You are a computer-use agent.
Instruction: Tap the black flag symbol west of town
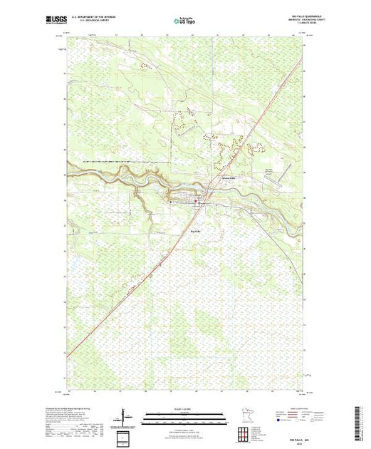(x=171, y=202)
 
